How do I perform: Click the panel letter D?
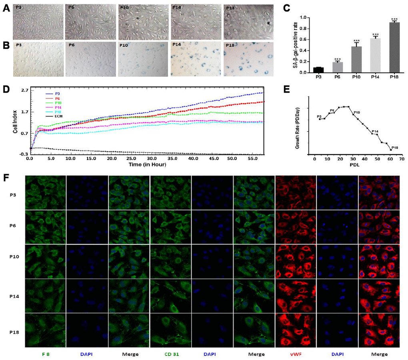(x=6, y=87)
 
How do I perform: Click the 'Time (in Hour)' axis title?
(x=146, y=164)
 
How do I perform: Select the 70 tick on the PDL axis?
(x=401, y=158)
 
